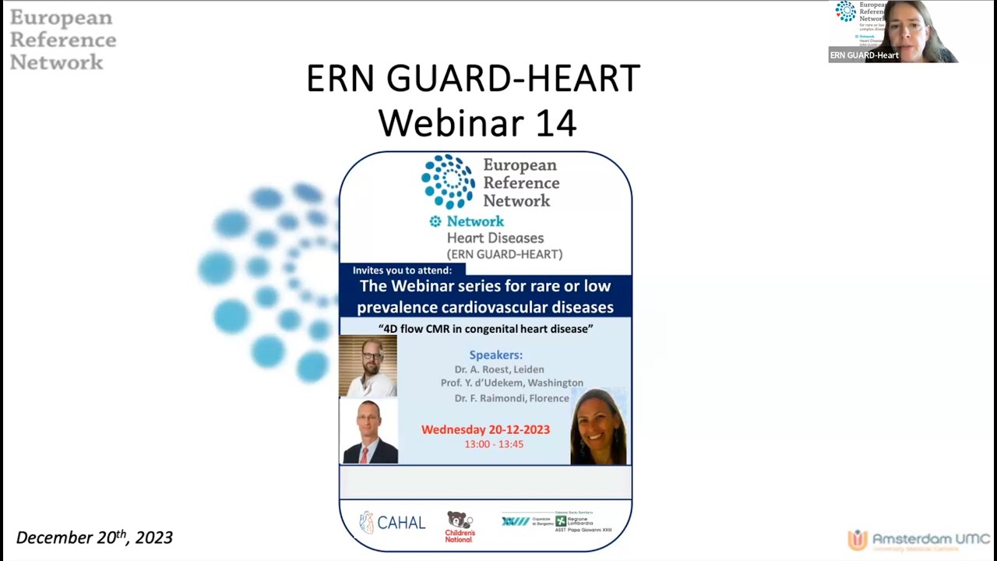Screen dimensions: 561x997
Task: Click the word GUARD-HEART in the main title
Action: coord(514,79)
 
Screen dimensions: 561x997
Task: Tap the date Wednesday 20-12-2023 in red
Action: coord(485,429)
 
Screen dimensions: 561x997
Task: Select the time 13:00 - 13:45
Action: coord(494,444)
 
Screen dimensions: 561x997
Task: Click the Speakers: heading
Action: coord(495,355)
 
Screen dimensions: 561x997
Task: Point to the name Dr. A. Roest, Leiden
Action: coord(499,369)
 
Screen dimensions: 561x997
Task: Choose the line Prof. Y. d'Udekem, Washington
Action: coord(512,383)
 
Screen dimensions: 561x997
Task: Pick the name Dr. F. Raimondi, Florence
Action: coord(512,398)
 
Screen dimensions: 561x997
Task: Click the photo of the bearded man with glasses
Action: coord(368,365)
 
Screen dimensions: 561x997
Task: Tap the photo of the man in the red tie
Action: coord(369,432)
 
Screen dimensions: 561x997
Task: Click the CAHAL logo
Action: coord(392,522)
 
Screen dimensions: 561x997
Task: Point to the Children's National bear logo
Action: coord(460,527)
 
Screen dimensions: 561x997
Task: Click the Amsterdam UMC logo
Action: coord(919,539)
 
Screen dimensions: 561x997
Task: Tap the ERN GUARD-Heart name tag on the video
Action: coord(864,55)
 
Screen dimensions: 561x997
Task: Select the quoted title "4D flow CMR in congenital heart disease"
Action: coord(485,329)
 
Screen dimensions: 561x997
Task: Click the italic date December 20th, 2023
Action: coord(94,538)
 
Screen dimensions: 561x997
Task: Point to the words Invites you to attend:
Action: coord(402,270)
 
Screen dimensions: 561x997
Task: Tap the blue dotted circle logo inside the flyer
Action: coord(448,182)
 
